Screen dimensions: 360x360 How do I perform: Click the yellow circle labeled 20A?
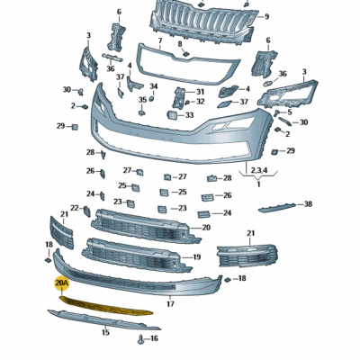coord(62,282)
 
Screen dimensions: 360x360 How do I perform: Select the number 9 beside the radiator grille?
coord(265,16)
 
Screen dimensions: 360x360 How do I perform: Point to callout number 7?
coord(160,42)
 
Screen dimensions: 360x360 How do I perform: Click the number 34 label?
coord(154,86)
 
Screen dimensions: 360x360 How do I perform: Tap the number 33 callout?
coord(189,115)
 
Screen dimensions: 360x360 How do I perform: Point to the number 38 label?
coord(308,204)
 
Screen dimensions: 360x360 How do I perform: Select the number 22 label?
coord(75,209)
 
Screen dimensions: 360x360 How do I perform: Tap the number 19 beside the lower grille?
coord(196,257)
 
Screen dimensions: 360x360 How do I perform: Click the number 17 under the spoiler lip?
coord(169,304)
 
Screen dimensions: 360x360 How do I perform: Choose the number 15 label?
coord(105,332)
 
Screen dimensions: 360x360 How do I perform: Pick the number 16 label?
coord(154,338)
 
